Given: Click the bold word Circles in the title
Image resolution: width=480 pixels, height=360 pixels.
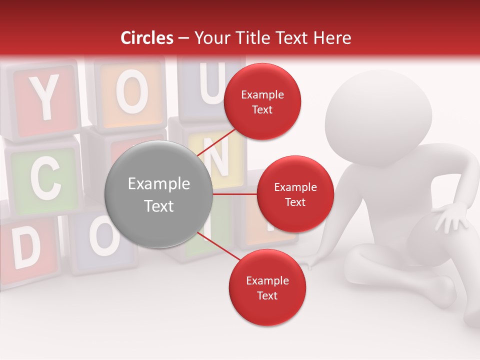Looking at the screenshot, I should [x=147, y=38].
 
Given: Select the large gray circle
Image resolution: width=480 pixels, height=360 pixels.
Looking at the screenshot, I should [x=158, y=194].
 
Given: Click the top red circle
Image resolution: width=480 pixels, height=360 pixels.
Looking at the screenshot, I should [x=262, y=102].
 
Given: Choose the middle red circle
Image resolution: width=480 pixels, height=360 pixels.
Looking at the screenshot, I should [x=295, y=194].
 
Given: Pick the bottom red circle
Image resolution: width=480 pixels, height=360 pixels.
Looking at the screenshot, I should [x=267, y=287].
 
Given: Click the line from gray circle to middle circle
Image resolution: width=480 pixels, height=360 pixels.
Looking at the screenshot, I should [x=235, y=194].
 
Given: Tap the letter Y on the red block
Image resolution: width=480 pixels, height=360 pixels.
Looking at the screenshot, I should [x=45, y=97].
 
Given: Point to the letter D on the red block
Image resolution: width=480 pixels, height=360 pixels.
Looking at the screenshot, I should [x=26, y=248].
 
